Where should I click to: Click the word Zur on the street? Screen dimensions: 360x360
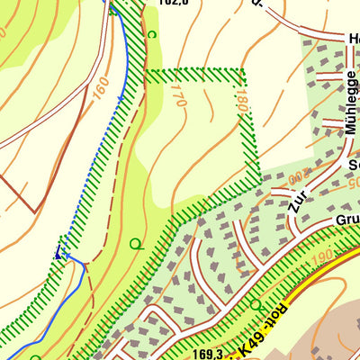tap(294, 202)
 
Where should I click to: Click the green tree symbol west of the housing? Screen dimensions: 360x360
tap(136, 243)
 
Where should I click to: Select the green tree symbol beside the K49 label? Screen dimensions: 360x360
tap(256, 306)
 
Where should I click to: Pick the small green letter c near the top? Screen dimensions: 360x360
tap(151, 34)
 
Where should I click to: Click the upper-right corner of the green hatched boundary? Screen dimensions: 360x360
tap(243, 70)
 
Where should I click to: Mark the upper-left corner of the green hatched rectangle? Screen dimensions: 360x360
tap(148, 72)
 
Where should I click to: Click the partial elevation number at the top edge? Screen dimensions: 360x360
tap(173, 3)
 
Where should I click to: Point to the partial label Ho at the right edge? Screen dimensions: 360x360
tap(353, 38)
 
